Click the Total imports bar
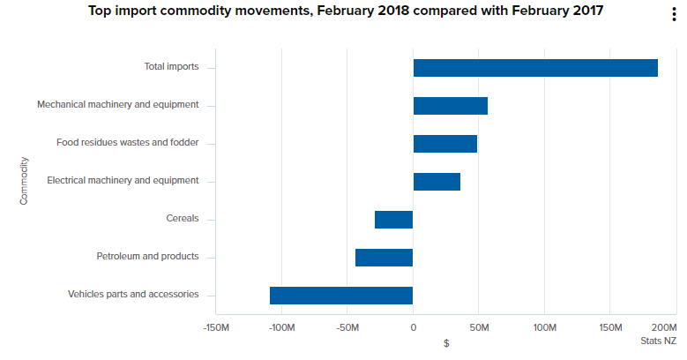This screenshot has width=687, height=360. click(x=535, y=68)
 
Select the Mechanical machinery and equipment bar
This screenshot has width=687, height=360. click(x=451, y=106)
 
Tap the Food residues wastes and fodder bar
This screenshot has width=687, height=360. click(x=445, y=144)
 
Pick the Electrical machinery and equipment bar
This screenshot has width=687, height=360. click(x=437, y=182)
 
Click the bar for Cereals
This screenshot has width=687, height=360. click(x=394, y=220)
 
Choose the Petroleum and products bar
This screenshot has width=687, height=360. click(x=385, y=258)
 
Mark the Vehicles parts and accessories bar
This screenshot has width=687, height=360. click(x=341, y=296)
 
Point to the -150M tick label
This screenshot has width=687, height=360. click(x=216, y=327)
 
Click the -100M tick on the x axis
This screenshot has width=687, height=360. click(x=281, y=327)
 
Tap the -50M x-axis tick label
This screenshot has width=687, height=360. click(x=347, y=327)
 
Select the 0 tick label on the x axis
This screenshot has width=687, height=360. click(x=413, y=327)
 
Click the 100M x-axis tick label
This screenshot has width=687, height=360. click(x=545, y=327)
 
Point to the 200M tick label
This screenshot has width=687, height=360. click(x=665, y=327)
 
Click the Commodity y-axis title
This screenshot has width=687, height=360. click(x=25, y=181)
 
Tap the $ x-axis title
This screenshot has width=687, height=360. click(x=446, y=343)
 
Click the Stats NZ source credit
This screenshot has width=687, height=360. click(x=658, y=341)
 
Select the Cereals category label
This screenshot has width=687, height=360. click(x=183, y=219)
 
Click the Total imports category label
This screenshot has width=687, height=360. click(x=172, y=67)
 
